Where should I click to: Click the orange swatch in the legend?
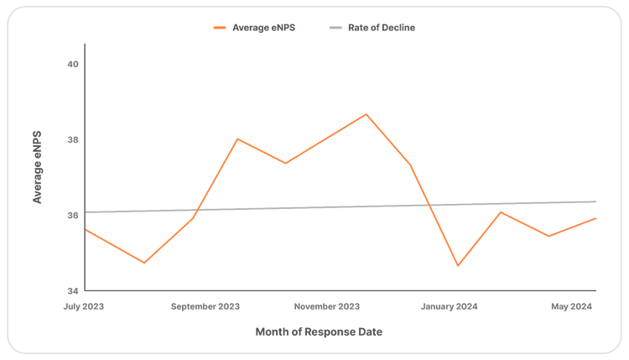[220, 28]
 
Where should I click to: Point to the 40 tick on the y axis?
[72, 65]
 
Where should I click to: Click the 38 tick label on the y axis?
[72, 140]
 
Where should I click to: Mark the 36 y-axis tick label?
[72, 216]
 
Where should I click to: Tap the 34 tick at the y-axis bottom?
[72, 290]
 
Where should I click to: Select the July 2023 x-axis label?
[85, 307]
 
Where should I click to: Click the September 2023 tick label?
[205, 307]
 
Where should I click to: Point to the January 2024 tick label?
[449, 307]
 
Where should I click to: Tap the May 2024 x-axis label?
[572, 307]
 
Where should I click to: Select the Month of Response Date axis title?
[318, 332]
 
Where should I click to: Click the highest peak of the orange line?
[366, 113]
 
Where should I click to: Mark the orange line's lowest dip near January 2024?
[458, 266]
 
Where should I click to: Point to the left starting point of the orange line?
[86, 228]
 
